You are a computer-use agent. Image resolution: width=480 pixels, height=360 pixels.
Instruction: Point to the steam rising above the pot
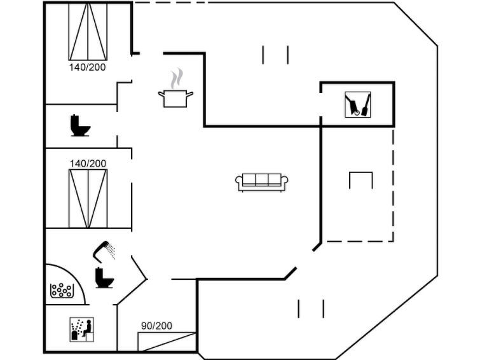pos(177,78)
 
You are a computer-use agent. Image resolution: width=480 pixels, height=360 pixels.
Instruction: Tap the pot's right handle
pos(190,95)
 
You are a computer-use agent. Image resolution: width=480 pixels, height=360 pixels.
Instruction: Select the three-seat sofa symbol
pos(262,182)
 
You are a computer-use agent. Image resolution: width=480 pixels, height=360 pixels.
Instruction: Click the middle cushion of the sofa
pos(262,180)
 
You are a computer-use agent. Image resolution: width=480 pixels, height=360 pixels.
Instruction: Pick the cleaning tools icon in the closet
pos(358,104)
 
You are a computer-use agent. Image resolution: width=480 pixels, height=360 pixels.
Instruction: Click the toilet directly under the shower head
pos(102,278)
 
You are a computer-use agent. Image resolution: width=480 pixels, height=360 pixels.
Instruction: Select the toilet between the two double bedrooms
pos(79,125)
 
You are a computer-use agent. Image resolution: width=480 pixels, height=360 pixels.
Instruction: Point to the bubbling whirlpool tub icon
pos(62,291)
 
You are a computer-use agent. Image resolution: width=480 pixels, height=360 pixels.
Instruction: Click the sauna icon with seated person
pos(81,329)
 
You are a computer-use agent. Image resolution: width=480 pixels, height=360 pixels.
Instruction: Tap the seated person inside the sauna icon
pos(88,328)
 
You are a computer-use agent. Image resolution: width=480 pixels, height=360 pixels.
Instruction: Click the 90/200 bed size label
pos(156,326)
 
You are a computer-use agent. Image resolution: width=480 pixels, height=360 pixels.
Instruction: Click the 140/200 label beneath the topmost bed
pos(88,66)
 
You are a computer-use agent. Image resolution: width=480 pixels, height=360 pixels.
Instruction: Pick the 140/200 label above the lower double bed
pos(88,163)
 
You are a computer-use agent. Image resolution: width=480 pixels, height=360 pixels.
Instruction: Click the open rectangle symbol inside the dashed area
pos(360,180)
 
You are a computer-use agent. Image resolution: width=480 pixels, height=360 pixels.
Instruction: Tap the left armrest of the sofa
pos(239,183)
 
